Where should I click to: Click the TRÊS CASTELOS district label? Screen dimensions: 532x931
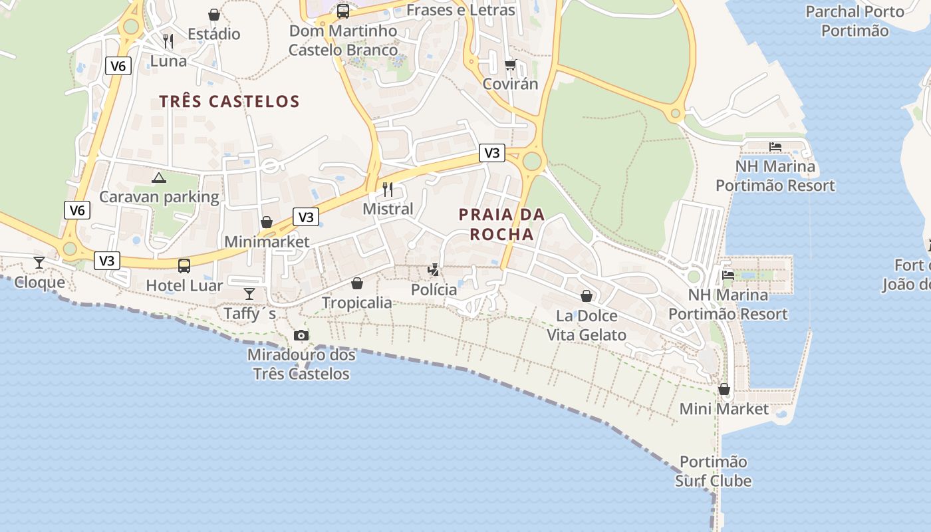(229, 102)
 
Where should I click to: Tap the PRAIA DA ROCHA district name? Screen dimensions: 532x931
(502, 224)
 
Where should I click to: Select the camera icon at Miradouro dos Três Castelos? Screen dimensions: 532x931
(301, 336)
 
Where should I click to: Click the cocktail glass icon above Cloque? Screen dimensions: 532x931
(39, 263)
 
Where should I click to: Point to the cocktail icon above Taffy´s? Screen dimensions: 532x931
(249, 293)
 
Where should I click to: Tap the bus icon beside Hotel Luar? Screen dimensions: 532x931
(184, 266)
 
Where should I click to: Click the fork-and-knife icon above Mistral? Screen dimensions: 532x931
(388, 190)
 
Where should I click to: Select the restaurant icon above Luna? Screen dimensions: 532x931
(168, 41)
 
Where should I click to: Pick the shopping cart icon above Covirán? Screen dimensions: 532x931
(510, 65)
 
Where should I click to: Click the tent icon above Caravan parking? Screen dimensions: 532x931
(158, 178)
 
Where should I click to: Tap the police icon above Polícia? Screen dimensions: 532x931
(434, 270)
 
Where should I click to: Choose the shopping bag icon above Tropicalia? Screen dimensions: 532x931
(357, 283)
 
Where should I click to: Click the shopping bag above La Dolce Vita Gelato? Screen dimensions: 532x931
(587, 296)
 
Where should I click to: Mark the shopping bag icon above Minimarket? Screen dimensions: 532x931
(267, 222)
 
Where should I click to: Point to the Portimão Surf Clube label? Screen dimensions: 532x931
(713, 471)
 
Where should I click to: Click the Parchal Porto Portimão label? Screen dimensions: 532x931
(855, 21)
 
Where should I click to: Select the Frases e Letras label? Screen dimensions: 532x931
(460, 10)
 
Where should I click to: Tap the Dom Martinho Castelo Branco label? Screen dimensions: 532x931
(343, 41)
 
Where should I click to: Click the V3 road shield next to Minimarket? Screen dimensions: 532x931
(306, 217)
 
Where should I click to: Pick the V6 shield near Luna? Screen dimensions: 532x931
(118, 65)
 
